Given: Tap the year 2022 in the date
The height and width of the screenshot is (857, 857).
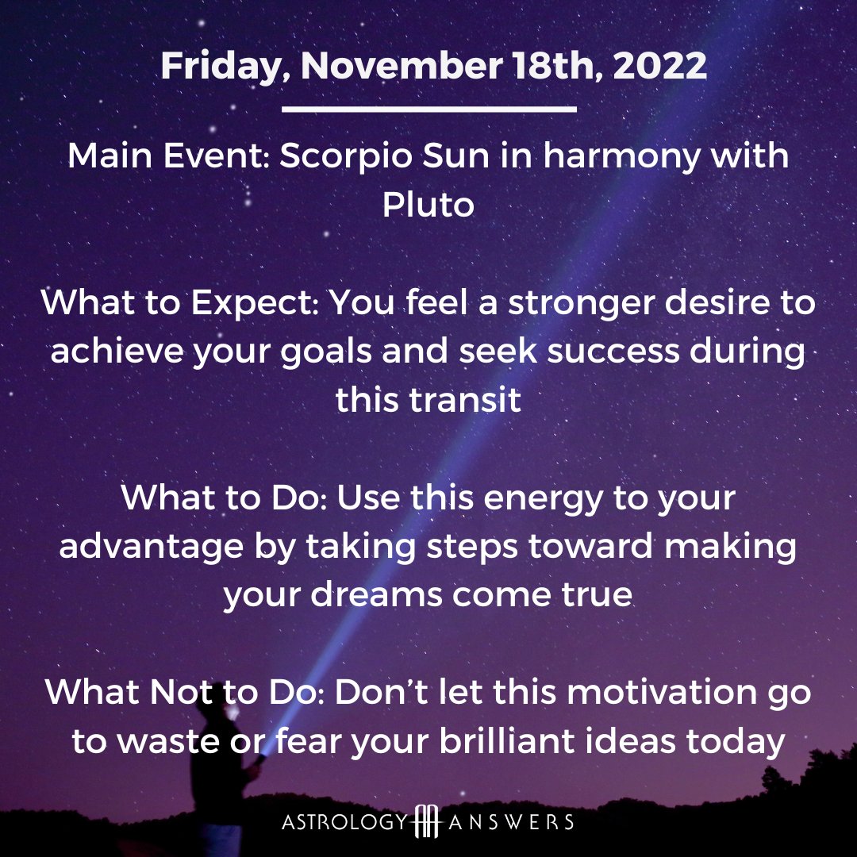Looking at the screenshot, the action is [x=659, y=66].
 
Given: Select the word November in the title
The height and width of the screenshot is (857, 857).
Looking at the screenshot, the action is [x=402, y=66].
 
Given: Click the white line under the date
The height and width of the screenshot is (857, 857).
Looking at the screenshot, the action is [x=429, y=110].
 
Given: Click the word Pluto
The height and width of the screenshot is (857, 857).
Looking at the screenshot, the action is [x=428, y=205].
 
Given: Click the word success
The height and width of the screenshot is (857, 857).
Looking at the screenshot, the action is [x=613, y=352].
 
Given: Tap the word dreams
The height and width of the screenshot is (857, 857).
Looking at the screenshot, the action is [x=377, y=594].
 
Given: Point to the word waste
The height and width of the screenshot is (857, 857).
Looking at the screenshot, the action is [x=168, y=742].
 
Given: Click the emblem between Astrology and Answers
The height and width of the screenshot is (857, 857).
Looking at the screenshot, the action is [x=428, y=822].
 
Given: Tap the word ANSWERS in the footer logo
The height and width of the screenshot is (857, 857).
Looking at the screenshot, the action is [x=510, y=822].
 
